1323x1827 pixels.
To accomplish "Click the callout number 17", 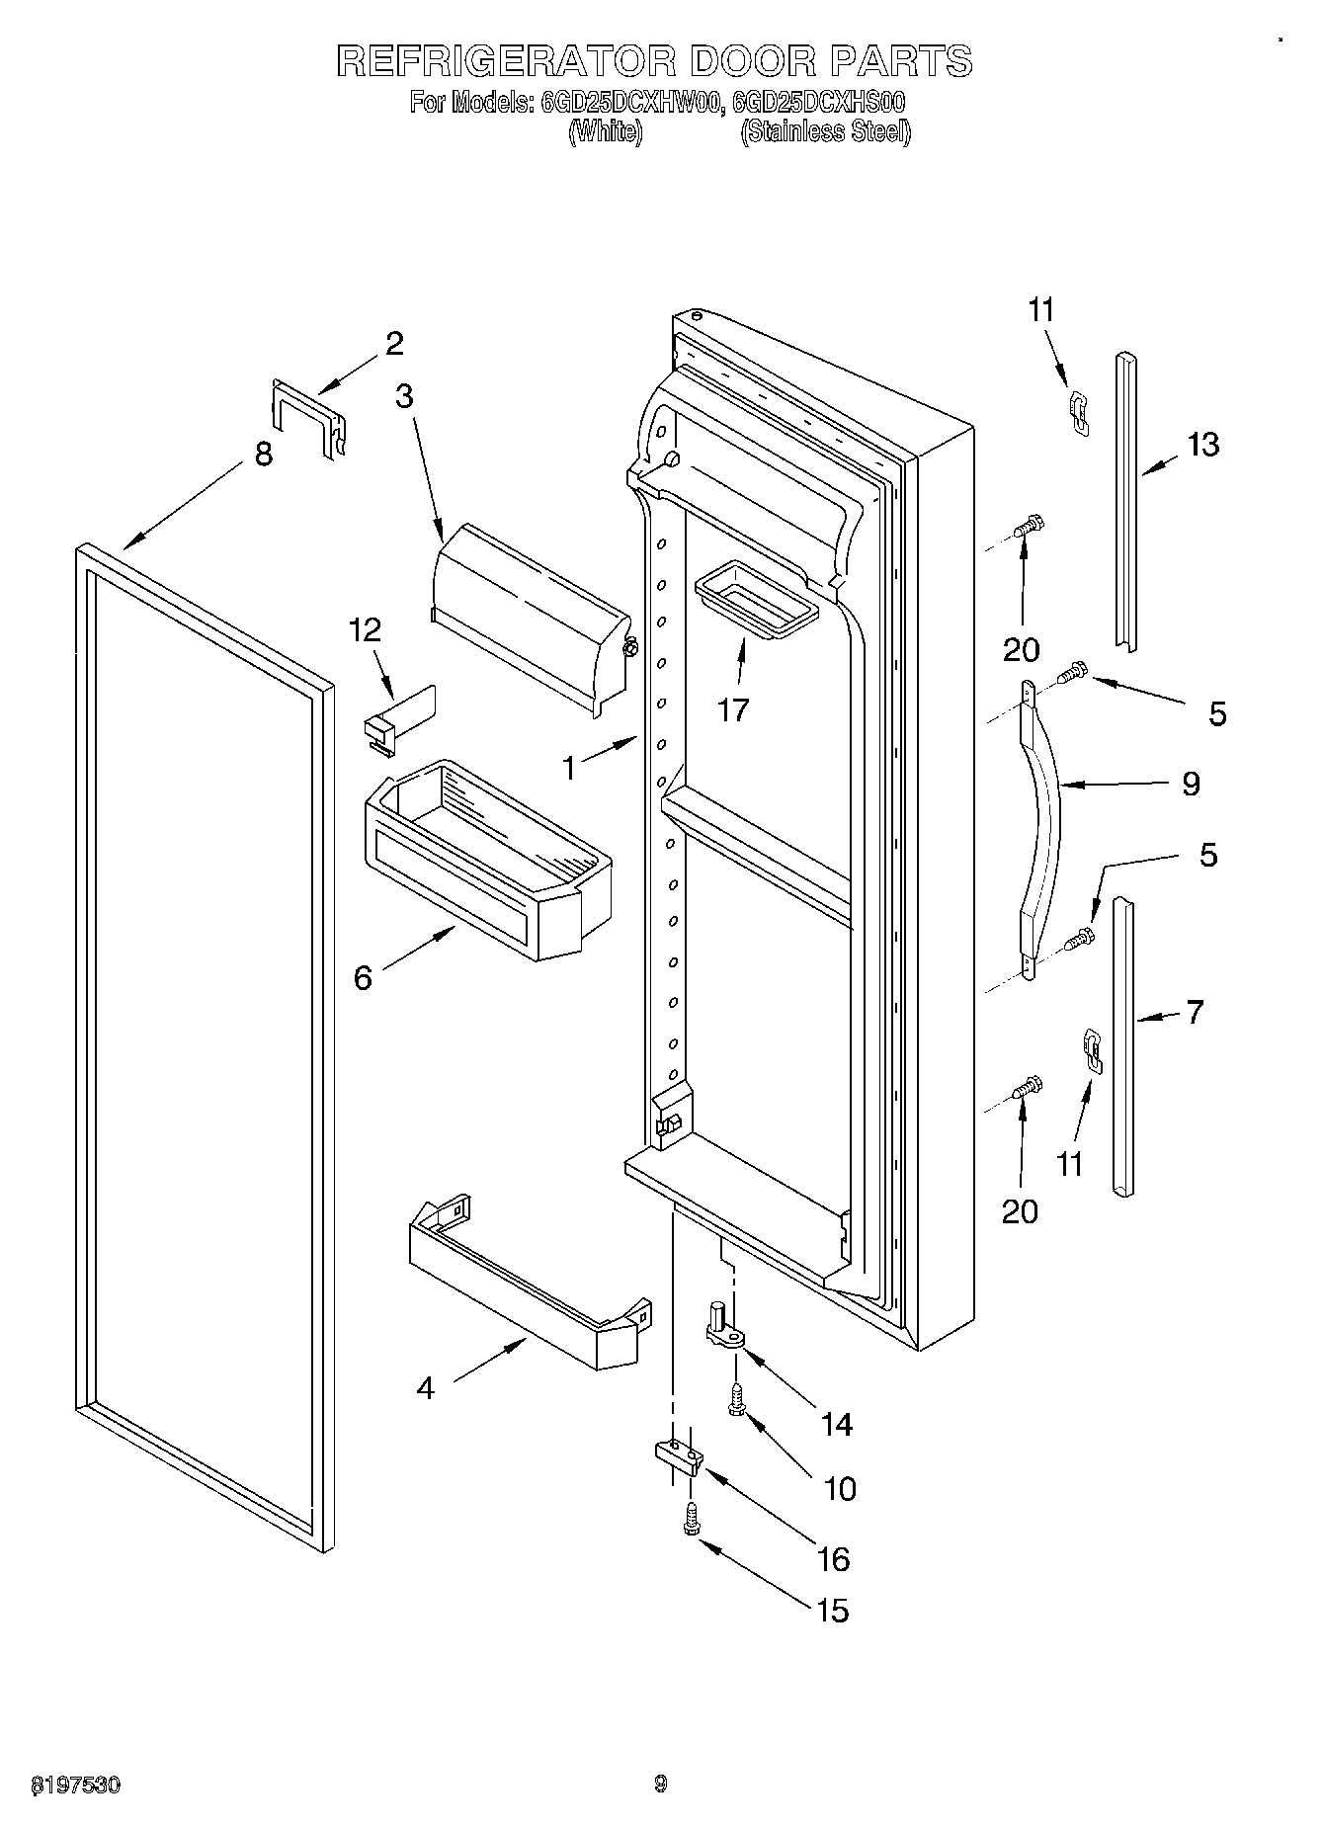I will pyautogui.click(x=733, y=709).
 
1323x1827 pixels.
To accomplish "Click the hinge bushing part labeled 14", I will pyautogui.click(x=724, y=1326).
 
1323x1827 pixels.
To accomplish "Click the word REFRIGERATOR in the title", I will pyautogui.click(x=507, y=61).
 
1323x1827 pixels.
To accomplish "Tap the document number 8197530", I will pyautogui.click(x=76, y=1784).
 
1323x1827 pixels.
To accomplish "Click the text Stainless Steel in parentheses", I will pyautogui.click(x=825, y=131).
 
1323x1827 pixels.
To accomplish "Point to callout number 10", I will pyautogui.click(x=839, y=1488).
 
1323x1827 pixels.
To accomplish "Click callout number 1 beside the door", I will pyautogui.click(x=569, y=767).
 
